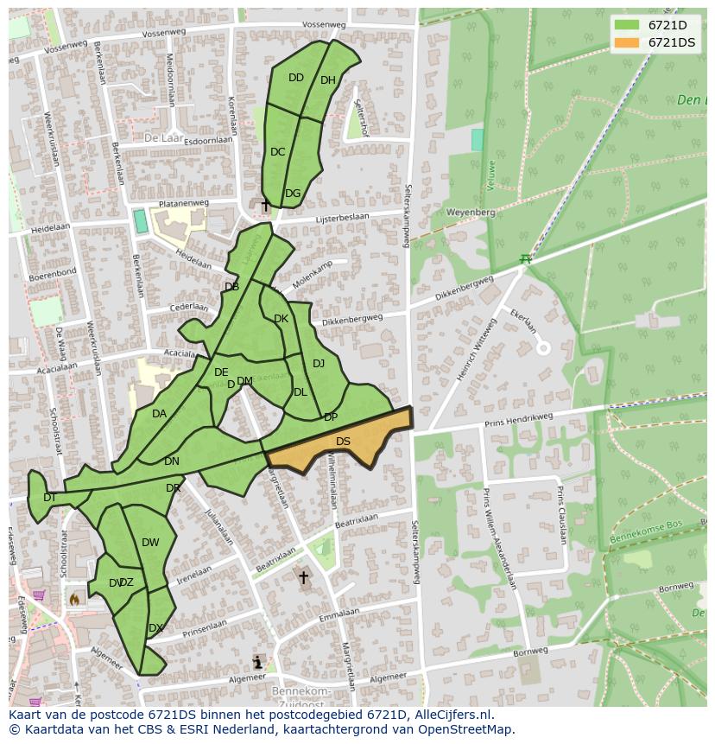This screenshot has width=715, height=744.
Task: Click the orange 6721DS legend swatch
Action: tap(628, 42)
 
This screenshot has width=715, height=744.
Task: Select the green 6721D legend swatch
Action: tap(628, 25)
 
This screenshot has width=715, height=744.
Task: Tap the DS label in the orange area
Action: tap(343, 442)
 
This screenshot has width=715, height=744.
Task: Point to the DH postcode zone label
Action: tap(327, 80)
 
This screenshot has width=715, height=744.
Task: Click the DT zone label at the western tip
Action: tap(49, 497)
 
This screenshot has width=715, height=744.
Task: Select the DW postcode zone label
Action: tap(150, 543)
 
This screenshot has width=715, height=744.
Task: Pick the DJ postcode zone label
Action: tap(319, 364)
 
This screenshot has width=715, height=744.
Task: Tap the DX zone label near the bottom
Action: tap(155, 628)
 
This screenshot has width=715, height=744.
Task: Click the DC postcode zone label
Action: tap(277, 152)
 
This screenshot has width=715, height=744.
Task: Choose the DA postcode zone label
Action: tap(159, 414)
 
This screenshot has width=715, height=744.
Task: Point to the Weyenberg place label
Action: tap(471, 212)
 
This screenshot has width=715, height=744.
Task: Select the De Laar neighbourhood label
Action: tap(161, 137)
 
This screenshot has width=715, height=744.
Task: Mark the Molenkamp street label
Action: tap(312, 275)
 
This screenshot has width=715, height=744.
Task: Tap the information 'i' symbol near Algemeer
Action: tap(257, 663)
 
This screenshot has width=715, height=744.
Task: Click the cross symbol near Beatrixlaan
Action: tap(303, 577)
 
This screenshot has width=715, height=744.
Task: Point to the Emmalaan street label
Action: tap(338, 614)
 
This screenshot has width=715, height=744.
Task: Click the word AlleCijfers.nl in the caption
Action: tap(449, 715)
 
